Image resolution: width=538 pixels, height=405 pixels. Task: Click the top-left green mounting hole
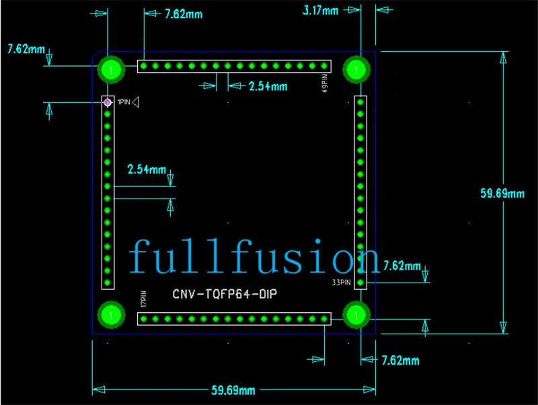[111, 70]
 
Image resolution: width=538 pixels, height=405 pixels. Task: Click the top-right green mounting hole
[356, 70]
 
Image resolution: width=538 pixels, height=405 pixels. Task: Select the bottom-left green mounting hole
[111, 315]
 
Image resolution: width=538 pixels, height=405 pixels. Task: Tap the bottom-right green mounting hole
[356, 315]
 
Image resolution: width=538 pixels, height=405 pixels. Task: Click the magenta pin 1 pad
[108, 102]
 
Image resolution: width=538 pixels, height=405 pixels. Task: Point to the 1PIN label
[124, 102]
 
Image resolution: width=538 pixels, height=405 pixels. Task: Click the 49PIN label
[325, 83]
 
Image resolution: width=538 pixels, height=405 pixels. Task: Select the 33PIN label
[342, 282]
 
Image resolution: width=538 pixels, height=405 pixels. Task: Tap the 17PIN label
[143, 299]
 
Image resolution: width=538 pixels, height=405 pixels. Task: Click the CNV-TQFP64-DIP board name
[225, 294]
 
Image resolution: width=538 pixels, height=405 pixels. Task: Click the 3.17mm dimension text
[321, 11]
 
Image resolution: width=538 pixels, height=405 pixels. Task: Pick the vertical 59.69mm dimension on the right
[502, 194]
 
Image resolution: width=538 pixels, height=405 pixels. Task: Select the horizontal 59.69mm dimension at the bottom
[233, 390]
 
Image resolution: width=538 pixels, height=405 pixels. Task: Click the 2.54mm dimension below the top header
[268, 86]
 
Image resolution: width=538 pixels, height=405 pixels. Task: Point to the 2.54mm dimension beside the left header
[147, 170]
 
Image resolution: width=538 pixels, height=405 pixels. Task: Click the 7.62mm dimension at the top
[184, 14]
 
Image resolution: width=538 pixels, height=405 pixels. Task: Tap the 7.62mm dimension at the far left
[26, 49]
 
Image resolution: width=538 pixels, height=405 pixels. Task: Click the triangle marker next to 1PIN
[136, 102]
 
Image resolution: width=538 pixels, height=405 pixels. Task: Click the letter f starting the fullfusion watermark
[141, 256]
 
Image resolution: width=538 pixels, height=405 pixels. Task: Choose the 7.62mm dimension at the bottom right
[400, 361]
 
